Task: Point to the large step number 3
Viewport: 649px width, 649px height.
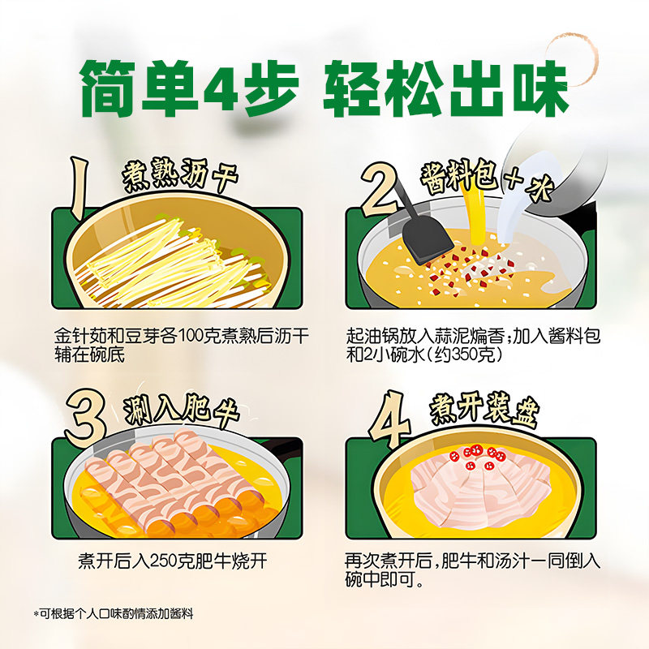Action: tap(84, 415)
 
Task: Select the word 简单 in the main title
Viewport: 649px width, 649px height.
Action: tap(138, 87)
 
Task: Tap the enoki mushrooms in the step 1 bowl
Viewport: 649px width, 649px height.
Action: tap(162, 260)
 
